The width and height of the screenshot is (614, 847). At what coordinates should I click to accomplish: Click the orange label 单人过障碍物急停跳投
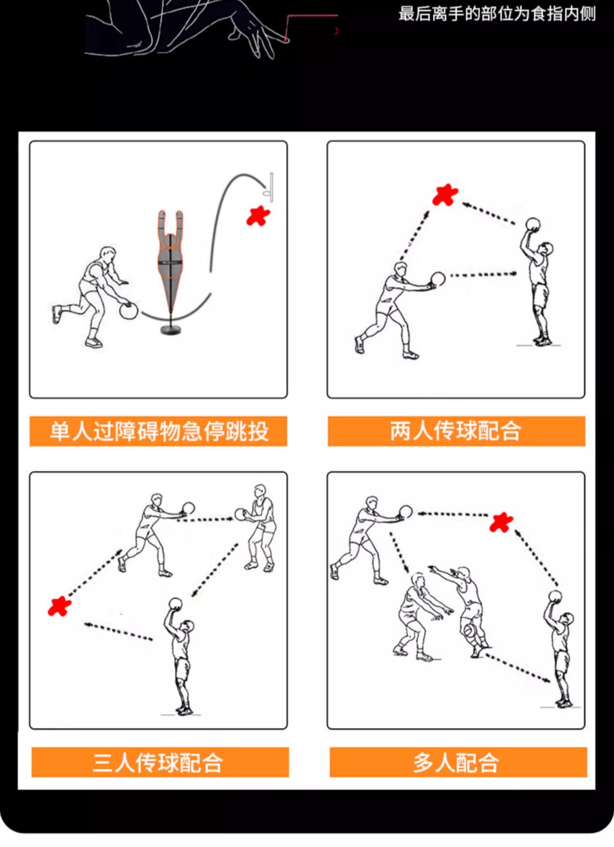pos(158,431)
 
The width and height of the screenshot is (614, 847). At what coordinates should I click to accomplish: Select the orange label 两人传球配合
pos(456,431)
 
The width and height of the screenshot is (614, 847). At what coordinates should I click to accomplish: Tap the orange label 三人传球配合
pos(160,762)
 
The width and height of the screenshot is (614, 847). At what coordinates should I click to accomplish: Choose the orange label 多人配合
pos(458,762)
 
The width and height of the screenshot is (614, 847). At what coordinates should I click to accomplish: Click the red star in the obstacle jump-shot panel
pos(258,217)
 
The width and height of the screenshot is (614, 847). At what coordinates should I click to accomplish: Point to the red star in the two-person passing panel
pos(445,195)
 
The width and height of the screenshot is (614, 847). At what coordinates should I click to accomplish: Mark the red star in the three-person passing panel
pos(59,606)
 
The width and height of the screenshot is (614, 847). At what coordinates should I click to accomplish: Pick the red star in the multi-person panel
pos(501,522)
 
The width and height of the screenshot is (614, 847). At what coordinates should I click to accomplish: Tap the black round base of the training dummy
pos(171,330)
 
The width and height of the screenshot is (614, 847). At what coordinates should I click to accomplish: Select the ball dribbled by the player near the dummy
pos(129,312)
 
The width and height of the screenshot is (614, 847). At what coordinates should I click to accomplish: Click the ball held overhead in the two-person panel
pos(533,224)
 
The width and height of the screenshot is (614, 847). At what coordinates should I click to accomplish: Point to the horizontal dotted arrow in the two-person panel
pos(484,275)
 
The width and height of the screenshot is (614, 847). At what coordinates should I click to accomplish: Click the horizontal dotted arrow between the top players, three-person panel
pos(206,520)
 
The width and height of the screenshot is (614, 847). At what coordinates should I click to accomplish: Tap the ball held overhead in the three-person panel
pos(175,603)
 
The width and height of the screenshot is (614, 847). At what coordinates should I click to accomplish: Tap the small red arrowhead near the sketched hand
pos(336,31)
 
